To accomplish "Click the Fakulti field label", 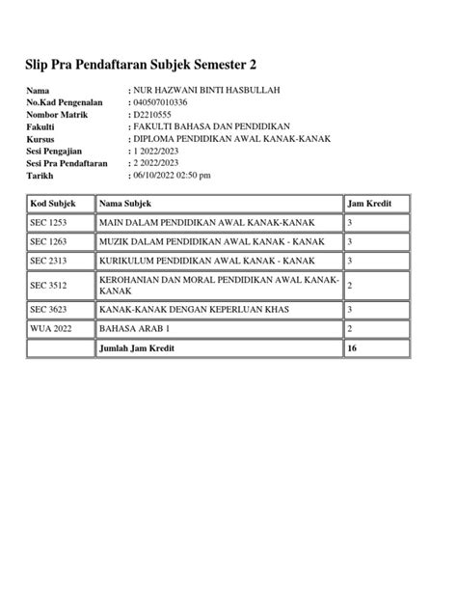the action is (x=41, y=126).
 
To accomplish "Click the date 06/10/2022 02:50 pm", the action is (x=172, y=176).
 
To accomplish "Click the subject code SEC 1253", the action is (x=48, y=223).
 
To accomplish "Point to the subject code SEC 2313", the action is (x=48, y=261).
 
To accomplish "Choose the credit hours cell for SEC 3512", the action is (x=350, y=286).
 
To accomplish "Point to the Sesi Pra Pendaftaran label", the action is (x=67, y=163).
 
